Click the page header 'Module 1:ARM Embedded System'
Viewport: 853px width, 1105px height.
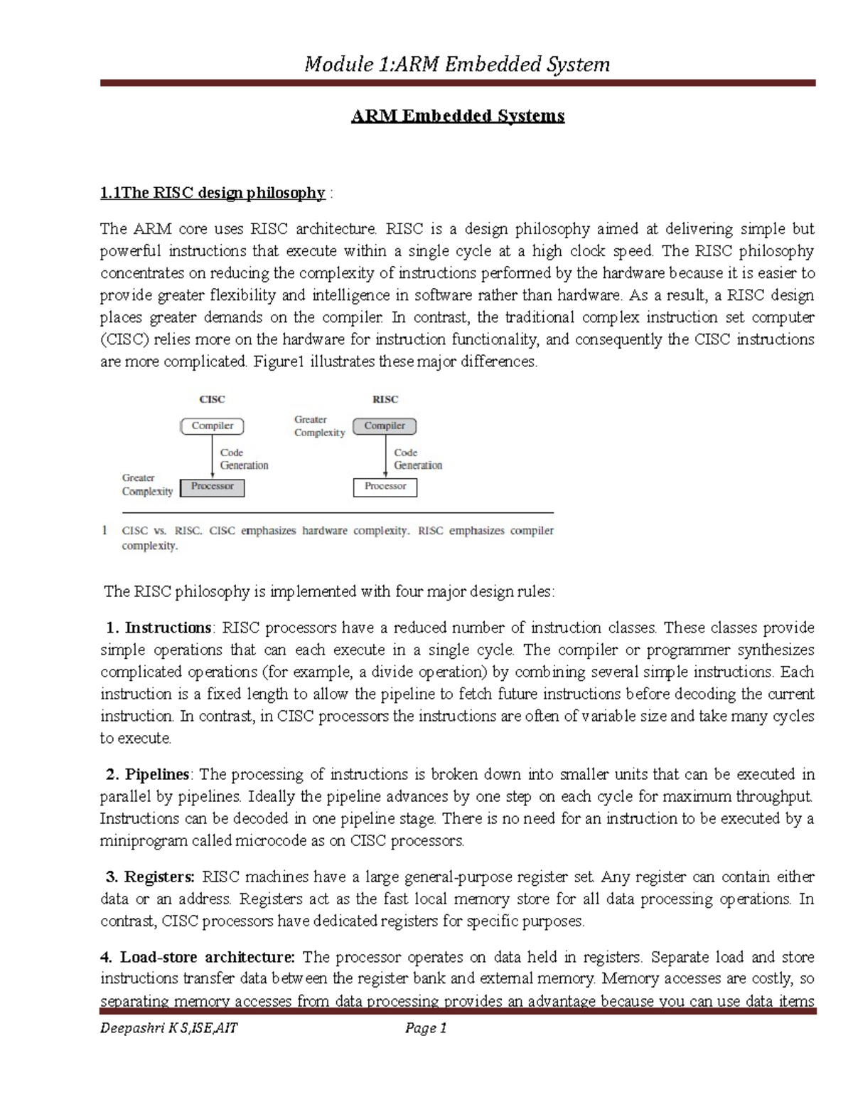point(457,65)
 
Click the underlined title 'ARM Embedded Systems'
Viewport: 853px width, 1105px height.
point(458,116)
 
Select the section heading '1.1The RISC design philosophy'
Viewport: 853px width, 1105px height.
point(213,193)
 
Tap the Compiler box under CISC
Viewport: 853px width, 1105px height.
point(212,426)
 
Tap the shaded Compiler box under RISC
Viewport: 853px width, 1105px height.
point(385,426)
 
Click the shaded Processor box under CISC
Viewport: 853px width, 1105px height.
point(212,487)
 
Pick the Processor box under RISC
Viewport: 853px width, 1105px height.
point(385,487)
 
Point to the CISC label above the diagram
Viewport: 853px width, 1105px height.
point(212,400)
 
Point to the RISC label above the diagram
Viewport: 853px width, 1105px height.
point(385,400)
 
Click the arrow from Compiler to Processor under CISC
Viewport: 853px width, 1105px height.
point(212,456)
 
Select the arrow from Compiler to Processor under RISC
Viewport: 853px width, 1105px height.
point(385,456)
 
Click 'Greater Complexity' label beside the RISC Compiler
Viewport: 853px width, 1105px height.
point(319,426)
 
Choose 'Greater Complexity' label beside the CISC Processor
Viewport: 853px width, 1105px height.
point(147,485)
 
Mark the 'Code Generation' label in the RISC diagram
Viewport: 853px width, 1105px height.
point(418,459)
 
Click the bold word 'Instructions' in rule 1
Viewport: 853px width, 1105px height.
point(168,628)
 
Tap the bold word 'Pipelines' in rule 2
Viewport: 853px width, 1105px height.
point(157,774)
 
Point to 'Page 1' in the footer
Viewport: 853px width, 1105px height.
point(425,1027)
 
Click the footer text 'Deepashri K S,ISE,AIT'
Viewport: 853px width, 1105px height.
point(169,1027)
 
